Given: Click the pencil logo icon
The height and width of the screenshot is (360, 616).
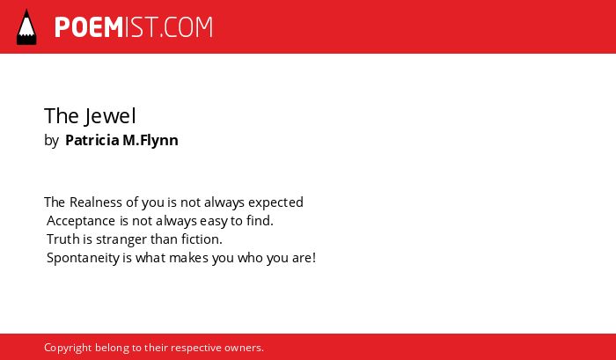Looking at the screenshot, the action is pos(26,27).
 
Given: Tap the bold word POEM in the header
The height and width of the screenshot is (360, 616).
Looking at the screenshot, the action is pos(89,27).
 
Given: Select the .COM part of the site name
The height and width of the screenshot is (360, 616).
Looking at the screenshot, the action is pos(187,27).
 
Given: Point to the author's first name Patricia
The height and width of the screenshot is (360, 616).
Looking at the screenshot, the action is pos(92,140).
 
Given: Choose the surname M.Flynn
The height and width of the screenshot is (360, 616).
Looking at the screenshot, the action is pos(150,141).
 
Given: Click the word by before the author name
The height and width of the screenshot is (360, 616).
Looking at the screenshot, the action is pos(51,141).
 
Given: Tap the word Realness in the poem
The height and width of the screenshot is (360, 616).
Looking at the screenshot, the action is pos(96,202).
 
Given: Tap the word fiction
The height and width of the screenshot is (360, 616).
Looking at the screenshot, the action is pos(202,239).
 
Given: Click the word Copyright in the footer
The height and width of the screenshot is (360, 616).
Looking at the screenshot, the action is pos(68,349).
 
